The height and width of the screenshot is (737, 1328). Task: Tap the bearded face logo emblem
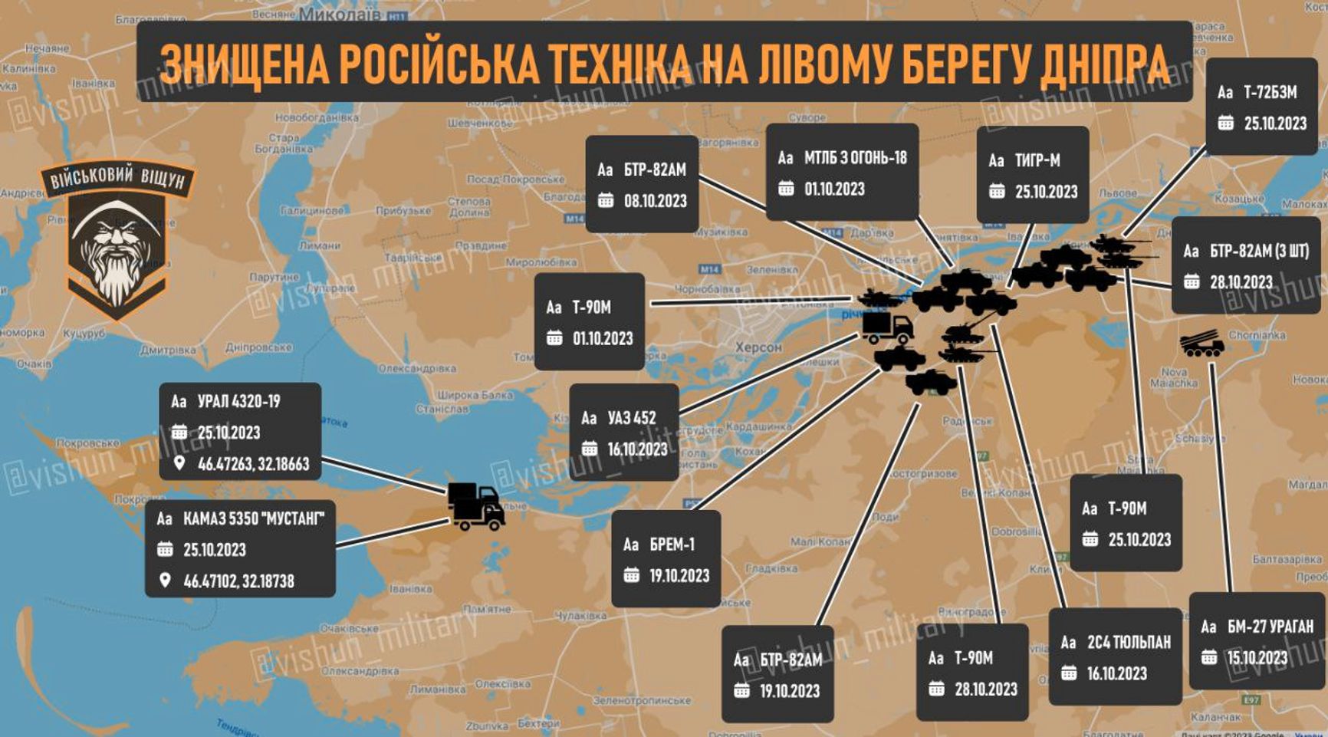117,245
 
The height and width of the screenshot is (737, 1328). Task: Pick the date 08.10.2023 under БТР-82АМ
655,201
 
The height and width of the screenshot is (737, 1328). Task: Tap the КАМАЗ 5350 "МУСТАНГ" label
253,519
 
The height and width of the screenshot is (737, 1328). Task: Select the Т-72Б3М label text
1270,93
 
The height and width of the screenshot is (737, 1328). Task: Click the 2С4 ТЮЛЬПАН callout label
1129,643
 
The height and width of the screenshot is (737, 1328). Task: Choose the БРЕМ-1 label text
672,545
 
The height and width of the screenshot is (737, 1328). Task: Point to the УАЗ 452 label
632,418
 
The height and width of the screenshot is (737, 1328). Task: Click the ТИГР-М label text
1037,161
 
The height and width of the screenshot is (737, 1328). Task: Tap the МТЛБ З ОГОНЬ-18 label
855,158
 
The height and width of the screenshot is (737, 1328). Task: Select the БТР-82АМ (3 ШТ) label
1259,252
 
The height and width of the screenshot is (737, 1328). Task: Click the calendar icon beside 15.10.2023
1209,658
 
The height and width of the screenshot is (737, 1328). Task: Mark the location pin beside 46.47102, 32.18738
165,581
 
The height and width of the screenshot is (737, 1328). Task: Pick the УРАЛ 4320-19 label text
238,401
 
